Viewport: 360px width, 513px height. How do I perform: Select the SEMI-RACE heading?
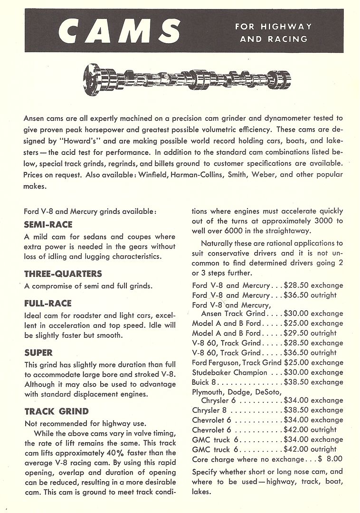coord(48,224)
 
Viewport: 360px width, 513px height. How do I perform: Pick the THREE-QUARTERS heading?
coord(63,274)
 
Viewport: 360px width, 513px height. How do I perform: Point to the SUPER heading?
coord(38,353)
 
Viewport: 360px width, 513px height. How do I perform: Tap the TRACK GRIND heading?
coord(56,411)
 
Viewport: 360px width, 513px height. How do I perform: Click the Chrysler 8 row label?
coord(206,410)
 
